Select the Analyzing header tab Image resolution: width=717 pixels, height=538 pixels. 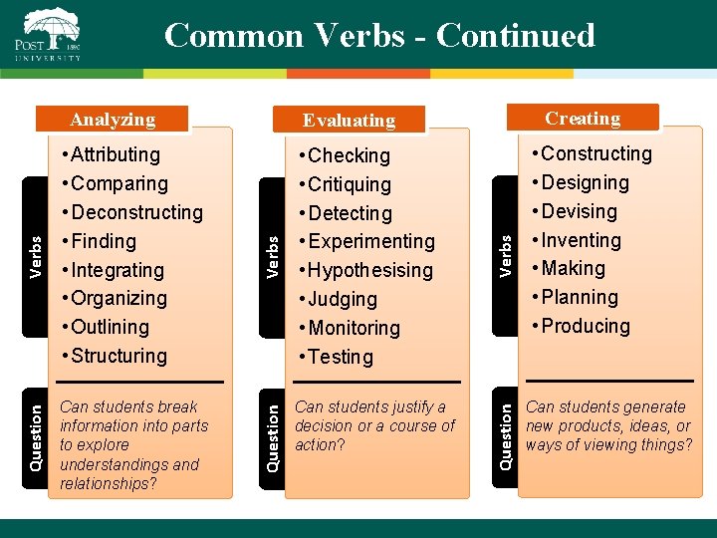click(113, 120)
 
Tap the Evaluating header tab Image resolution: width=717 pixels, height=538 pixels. click(349, 121)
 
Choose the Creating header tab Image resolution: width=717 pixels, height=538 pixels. click(583, 119)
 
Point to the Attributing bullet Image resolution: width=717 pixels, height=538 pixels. click(115, 154)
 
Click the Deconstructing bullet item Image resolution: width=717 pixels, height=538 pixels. click(136, 212)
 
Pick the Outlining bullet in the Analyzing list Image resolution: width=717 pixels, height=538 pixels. click(110, 327)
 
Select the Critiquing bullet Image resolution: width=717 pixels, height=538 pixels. click(350, 184)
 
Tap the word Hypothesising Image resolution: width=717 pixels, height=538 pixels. click(370, 270)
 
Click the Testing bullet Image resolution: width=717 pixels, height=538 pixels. click(341, 357)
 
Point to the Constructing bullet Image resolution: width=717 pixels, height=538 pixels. click(596, 153)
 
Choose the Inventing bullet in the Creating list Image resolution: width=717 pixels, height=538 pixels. click(581, 240)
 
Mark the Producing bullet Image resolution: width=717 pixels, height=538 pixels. click(586, 326)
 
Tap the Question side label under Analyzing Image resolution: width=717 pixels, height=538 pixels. click(36, 436)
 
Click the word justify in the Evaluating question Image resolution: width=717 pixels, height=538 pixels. click(402, 407)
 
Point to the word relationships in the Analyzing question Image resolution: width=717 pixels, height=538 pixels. click(108, 484)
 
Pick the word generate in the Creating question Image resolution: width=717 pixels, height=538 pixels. click(651, 407)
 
